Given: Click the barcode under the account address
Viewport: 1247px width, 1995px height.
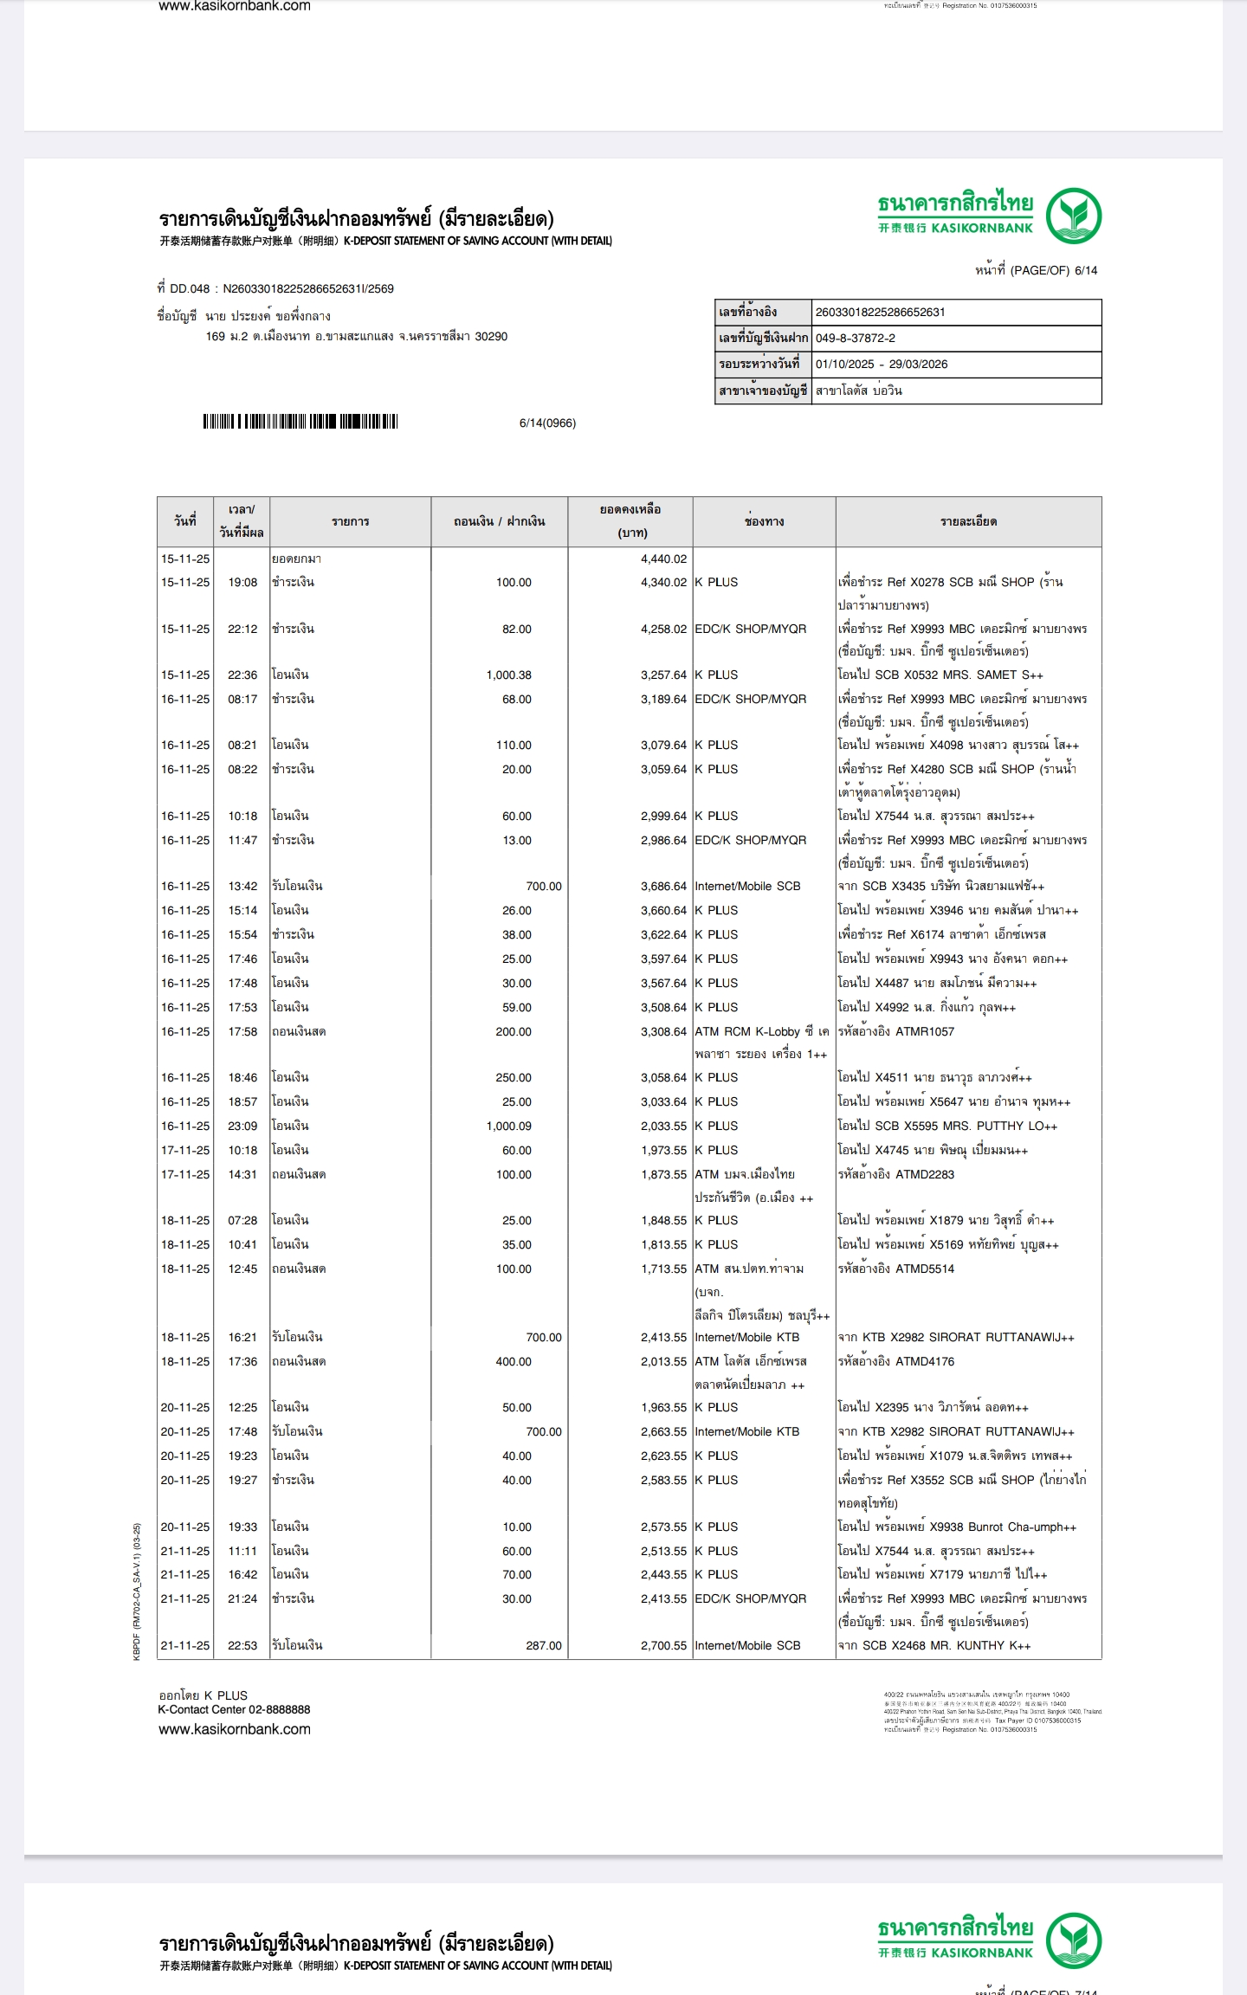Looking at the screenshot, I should pos(300,422).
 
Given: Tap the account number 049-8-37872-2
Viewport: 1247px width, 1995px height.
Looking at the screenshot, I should pos(855,339).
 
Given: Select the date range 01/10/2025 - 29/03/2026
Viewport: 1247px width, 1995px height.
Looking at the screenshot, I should pos(881,365).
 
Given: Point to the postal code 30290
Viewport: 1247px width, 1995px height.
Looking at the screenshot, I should pos(491,337).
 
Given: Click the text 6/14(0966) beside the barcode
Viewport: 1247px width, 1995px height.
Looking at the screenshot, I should pos(547,423).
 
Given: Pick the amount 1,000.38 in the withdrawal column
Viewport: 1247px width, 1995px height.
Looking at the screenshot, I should pos(508,675).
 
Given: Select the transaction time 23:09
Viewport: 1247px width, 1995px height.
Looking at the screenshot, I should pos(242,1127).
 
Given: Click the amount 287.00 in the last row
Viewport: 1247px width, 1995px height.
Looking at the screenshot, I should pos(543,1646).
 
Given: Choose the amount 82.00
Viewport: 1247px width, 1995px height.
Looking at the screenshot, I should pos(516,629).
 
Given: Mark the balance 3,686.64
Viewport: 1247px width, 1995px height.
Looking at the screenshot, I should pos(663,887).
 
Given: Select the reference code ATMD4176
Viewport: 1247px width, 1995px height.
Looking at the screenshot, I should pos(925,1362).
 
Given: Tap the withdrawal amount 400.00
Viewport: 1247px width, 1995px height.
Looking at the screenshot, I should pos(513,1362).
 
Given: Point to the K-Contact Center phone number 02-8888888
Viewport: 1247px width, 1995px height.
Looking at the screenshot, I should pos(279,1710).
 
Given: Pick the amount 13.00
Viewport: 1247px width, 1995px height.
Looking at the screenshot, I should pos(516,841).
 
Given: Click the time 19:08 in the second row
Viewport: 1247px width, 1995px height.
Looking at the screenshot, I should pos(242,583).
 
